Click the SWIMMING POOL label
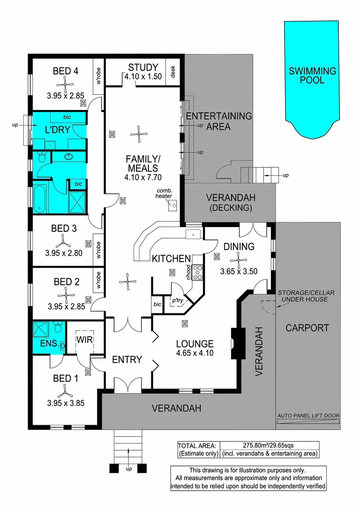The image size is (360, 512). (x=313, y=76)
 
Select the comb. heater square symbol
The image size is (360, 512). (x=173, y=205)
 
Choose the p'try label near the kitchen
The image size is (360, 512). (x=177, y=300)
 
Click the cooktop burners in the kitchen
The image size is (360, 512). (x=198, y=271)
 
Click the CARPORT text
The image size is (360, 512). (x=307, y=328)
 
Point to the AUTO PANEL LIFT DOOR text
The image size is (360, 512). (x=308, y=416)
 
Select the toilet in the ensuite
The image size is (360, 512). (x=58, y=328)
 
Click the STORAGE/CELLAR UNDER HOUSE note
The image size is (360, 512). (x=306, y=296)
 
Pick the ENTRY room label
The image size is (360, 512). (x=127, y=360)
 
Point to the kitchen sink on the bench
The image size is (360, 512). (x=194, y=234)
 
